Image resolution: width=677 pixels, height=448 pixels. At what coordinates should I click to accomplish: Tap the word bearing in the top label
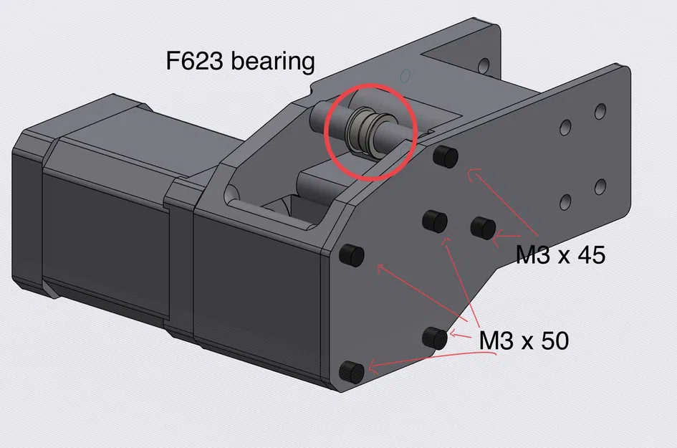coord(275,62)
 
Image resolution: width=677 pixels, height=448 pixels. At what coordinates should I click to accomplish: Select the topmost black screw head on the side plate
coord(446,156)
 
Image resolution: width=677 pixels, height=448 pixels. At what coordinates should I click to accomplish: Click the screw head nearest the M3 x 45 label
coord(484,227)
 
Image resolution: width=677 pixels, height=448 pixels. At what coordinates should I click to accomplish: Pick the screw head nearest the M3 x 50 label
coord(436,336)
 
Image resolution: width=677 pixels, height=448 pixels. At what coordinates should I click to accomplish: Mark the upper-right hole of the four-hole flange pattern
coord(600,111)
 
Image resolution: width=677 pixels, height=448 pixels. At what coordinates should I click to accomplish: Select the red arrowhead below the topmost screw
coord(469,172)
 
